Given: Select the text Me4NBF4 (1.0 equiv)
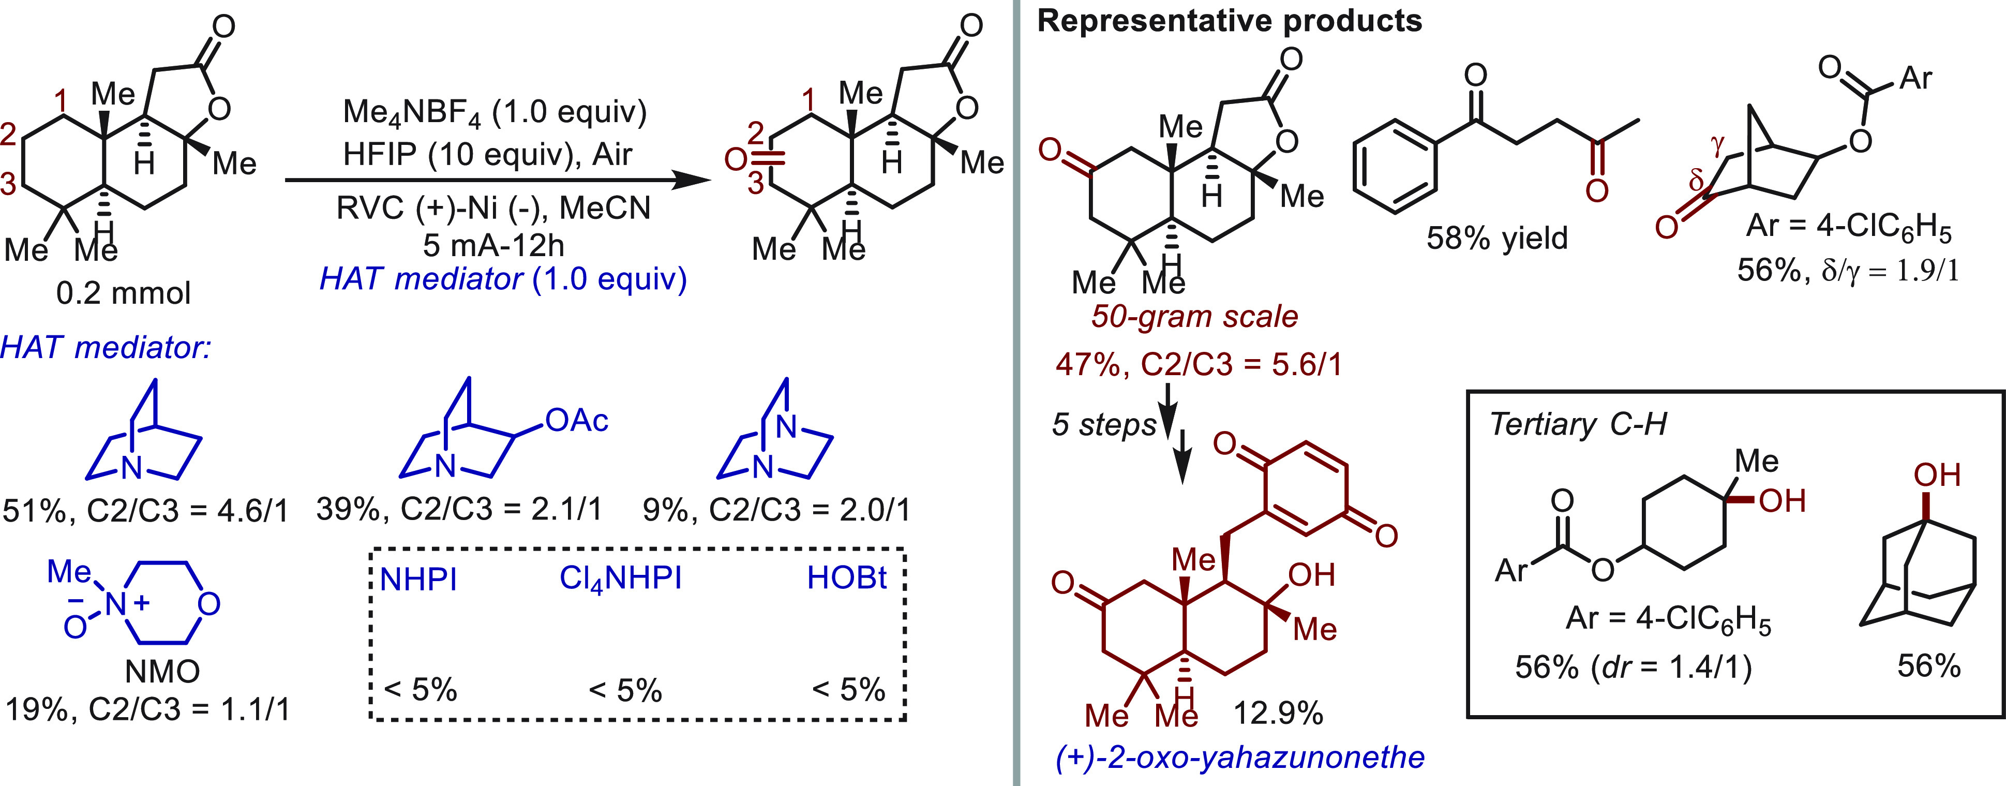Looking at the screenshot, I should click(x=495, y=113).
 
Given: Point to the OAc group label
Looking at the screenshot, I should click(x=576, y=421).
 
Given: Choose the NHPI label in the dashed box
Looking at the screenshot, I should click(x=418, y=579).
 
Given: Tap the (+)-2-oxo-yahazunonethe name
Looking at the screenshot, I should click(x=1240, y=757).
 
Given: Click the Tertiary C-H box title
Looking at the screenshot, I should click(x=1578, y=424).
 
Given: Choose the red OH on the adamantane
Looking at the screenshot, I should click(x=1937, y=475).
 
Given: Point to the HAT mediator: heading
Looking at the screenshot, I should click(x=106, y=347).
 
